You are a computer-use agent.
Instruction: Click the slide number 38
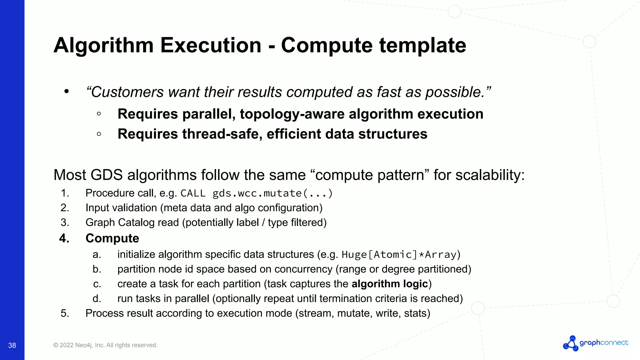(12, 345)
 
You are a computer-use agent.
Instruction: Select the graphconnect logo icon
(571, 343)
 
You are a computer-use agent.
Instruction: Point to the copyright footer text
(105, 345)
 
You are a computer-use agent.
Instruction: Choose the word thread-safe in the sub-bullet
(222, 134)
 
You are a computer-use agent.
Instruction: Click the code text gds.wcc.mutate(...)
(272, 193)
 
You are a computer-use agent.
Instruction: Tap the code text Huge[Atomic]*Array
(399, 255)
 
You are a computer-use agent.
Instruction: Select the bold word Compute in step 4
(112, 238)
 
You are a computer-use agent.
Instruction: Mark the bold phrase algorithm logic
(390, 284)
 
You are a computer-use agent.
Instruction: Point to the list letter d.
(97, 299)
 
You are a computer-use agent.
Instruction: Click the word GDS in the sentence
(107, 175)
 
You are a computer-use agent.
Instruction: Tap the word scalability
(490, 175)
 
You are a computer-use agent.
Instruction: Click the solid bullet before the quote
(66, 92)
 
